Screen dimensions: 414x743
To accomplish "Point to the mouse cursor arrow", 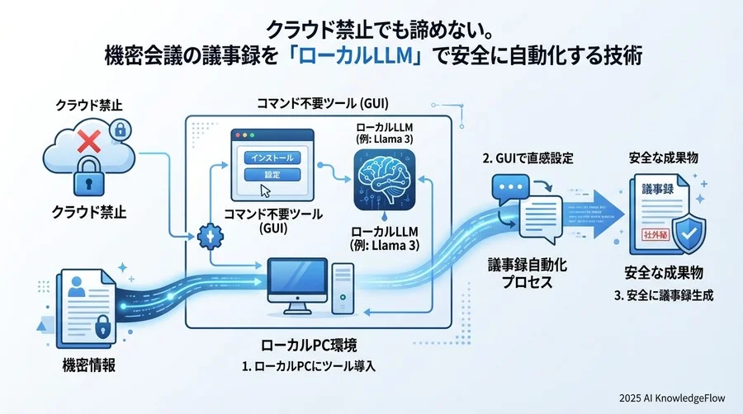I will point(266,191).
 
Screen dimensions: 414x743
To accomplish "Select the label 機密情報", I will point(88,364).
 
